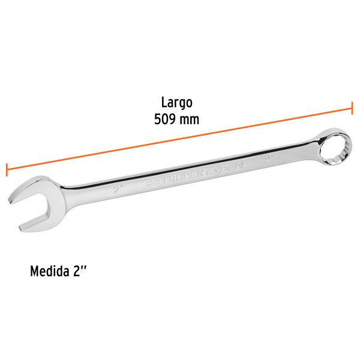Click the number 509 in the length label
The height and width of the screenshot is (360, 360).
[x=166, y=119]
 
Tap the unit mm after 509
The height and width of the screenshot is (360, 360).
[x=190, y=119]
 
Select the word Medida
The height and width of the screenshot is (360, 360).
[x=52, y=272]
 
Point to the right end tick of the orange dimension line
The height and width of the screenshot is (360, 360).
[x=352, y=109]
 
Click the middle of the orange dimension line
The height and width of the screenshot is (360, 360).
[x=179, y=139]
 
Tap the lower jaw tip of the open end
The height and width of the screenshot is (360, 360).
[x=24, y=228]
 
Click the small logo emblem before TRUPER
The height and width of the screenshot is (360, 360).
[x=154, y=181]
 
